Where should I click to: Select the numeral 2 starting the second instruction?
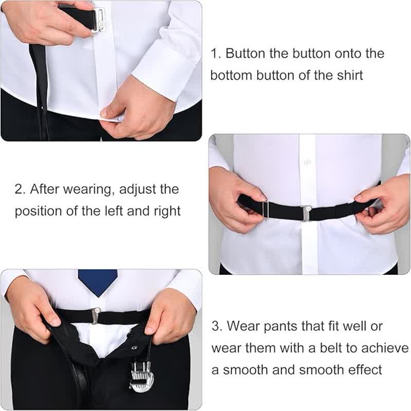[19, 189]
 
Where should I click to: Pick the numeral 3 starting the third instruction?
[216, 326]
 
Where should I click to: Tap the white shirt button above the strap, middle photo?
[307, 162]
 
